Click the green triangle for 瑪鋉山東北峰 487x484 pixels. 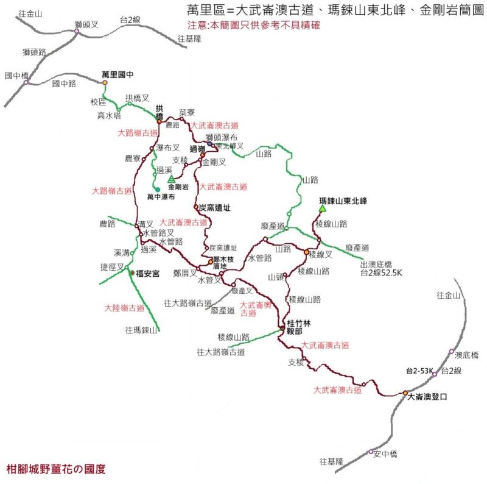click(x=321, y=209)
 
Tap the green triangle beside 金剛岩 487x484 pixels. click(x=171, y=179)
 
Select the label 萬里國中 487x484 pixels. click(x=117, y=74)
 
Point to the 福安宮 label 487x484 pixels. click(x=147, y=274)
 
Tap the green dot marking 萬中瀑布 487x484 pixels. click(x=157, y=189)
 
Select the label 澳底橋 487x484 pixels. click(x=467, y=355)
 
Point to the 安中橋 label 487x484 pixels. click(x=385, y=454)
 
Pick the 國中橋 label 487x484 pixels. click(x=16, y=76)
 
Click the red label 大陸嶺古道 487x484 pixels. click(x=124, y=307)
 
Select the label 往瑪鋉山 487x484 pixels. click(x=141, y=330)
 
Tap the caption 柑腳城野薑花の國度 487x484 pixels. click(x=55, y=469)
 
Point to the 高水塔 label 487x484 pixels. click(x=110, y=115)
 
